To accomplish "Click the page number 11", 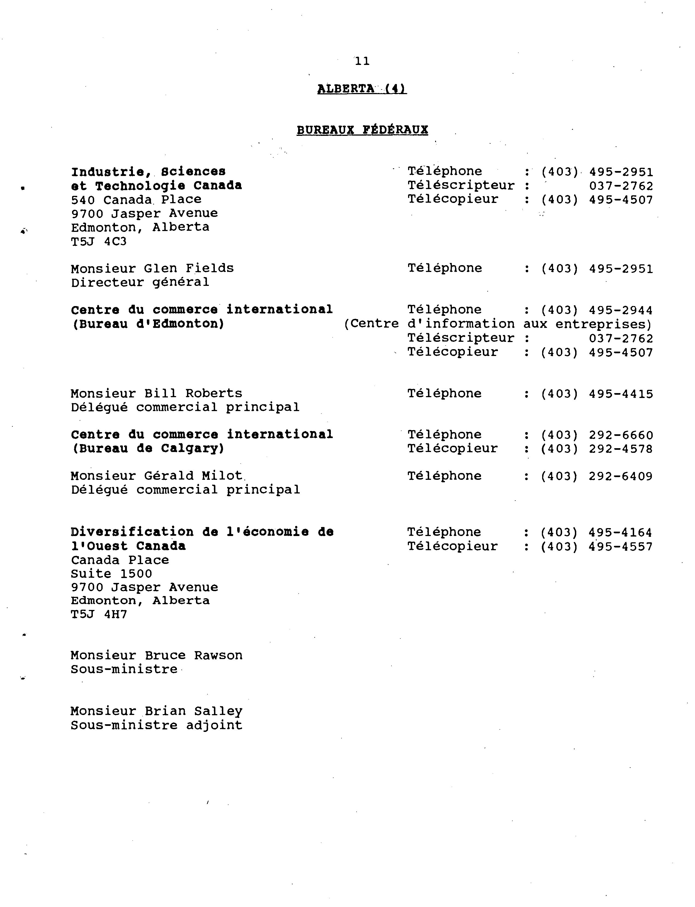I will (x=362, y=61).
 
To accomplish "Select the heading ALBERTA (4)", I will (x=362, y=89).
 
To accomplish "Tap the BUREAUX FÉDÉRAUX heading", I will (x=362, y=130).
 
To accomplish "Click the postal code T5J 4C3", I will (x=99, y=241).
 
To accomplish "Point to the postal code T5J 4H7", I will (x=99, y=614).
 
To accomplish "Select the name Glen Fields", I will (x=189, y=269).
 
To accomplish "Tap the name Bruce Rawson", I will (x=193, y=656).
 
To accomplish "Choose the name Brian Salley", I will (x=193, y=711).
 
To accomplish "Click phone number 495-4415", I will (x=620, y=394).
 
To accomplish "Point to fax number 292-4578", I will (x=620, y=449).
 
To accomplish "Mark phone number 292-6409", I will (x=620, y=477).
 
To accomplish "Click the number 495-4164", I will (x=620, y=532).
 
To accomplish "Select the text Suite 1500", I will (x=111, y=574).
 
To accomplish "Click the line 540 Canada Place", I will (x=136, y=200).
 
